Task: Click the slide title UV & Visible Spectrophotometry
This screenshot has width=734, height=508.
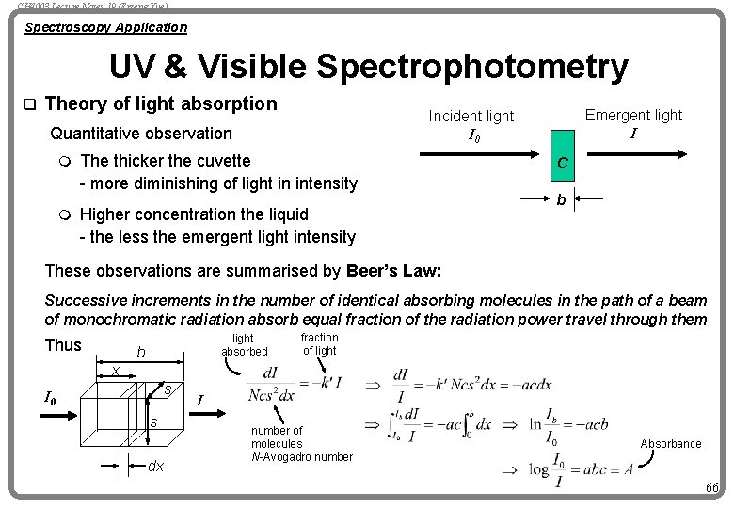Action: pyautogui.click(x=368, y=67)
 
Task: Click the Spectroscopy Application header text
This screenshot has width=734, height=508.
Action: pyautogui.click(x=105, y=27)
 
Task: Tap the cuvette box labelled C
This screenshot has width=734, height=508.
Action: pyautogui.click(x=561, y=164)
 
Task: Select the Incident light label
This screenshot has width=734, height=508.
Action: pyautogui.click(x=471, y=116)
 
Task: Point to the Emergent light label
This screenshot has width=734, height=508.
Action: pyautogui.click(x=633, y=115)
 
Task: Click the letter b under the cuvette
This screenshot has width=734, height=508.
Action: pyautogui.click(x=561, y=199)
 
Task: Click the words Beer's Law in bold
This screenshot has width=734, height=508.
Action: pyautogui.click(x=394, y=272)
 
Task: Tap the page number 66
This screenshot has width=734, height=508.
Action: pyautogui.click(x=711, y=486)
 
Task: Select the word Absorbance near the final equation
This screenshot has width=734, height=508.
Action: pyautogui.click(x=671, y=443)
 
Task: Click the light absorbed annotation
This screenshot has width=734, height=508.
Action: pyautogui.click(x=244, y=344)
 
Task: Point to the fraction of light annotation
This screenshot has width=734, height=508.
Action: pyautogui.click(x=319, y=343)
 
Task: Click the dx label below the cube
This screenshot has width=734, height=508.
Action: pyautogui.click(x=156, y=466)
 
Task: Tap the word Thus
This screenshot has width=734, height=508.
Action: pyautogui.click(x=63, y=345)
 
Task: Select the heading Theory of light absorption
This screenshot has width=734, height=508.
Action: pyautogui.click(x=161, y=103)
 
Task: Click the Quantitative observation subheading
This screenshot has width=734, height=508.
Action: pyautogui.click(x=140, y=134)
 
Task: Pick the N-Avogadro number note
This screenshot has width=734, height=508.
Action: pyautogui.click(x=301, y=457)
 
